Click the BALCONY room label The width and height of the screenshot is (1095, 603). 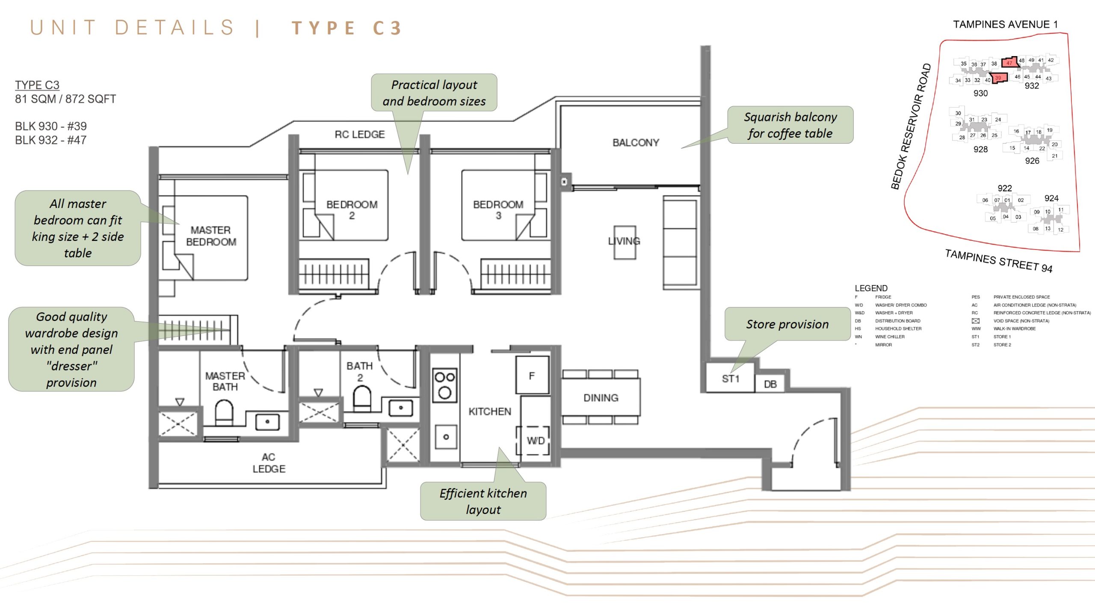[636, 143]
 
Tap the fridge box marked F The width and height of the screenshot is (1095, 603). [532, 375]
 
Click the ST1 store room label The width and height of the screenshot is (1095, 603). [730, 378]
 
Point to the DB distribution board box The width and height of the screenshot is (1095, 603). [770, 384]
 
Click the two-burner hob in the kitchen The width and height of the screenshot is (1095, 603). [444, 385]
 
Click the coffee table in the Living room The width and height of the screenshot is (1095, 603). [624, 242]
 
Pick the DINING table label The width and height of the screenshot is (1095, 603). [601, 398]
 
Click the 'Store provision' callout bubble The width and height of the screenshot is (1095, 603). [787, 324]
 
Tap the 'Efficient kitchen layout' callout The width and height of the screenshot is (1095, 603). [483, 501]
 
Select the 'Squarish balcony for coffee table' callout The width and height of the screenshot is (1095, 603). [790, 125]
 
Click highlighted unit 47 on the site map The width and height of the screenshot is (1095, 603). [1009, 63]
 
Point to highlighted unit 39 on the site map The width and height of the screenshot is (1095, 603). [998, 78]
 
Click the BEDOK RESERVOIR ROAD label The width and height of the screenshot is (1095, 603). [911, 126]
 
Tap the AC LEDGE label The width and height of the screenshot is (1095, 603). [269, 463]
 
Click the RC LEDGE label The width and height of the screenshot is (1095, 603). [359, 134]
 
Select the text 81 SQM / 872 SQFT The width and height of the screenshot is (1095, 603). [65, 99]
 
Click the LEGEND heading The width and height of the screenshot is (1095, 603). [871, 288]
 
